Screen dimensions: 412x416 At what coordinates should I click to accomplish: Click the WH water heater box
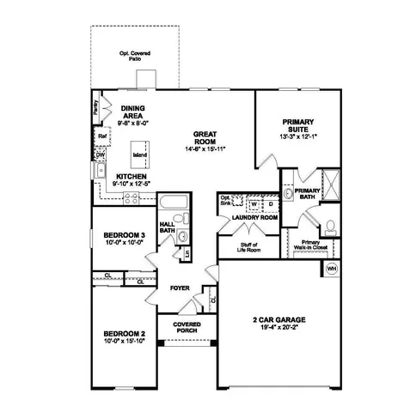[331, 269]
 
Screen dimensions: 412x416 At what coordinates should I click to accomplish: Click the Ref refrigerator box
[101, 135]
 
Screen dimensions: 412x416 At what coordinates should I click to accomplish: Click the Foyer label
[179, 289]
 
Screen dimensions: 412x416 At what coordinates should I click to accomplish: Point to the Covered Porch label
[187, 328]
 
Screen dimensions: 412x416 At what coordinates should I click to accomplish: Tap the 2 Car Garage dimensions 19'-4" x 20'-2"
[274, 328]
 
